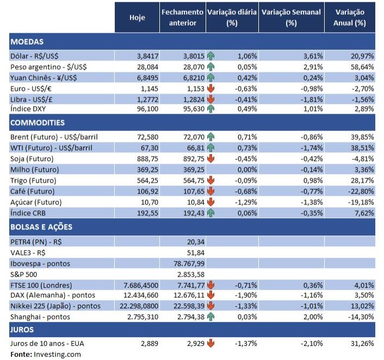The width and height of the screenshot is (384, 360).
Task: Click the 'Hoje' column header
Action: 137,17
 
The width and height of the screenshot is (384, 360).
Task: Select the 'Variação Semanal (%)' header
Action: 291,17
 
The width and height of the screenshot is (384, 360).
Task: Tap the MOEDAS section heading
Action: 27,41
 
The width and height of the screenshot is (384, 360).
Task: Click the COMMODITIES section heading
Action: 38,123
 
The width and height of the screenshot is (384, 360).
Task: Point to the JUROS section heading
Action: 22,329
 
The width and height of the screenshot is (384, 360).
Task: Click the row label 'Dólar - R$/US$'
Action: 34,55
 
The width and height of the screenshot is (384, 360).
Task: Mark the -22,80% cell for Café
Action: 361,191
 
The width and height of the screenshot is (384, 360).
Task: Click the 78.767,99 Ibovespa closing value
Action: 186,264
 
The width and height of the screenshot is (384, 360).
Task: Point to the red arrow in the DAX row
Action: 211,295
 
